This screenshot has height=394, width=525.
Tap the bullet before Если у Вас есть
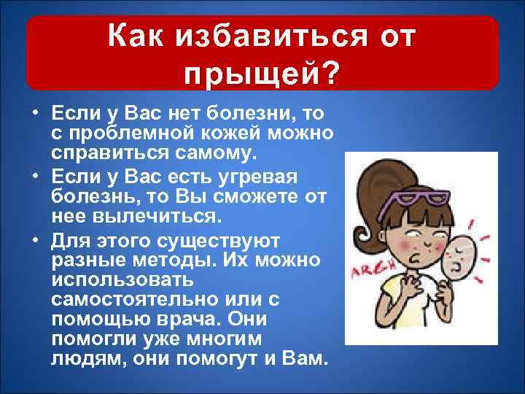[x=34, y=177]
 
